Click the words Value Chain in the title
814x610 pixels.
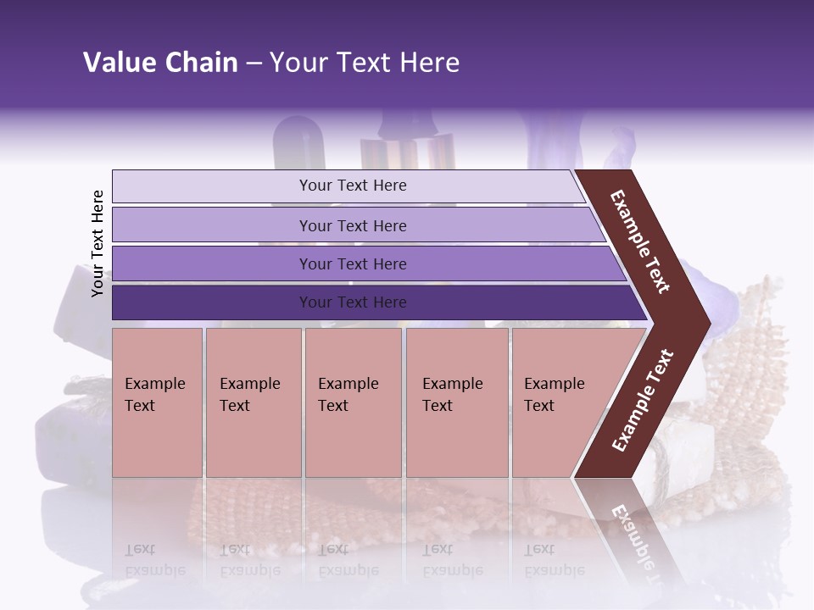(x=160, y=63)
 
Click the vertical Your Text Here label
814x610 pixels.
(x=98, y=243)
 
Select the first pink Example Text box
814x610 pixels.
(x=157, y=402)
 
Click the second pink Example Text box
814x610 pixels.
(x=253, y=402)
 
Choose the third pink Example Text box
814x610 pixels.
(x=353, y=402)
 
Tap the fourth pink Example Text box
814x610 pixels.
(x=457, y=402)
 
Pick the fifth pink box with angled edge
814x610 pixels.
(x=560, y=402)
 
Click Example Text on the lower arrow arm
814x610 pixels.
(x=643, y=400)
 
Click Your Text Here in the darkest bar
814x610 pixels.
(x=353, y=302)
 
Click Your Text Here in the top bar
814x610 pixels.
(x=353, y=186)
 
